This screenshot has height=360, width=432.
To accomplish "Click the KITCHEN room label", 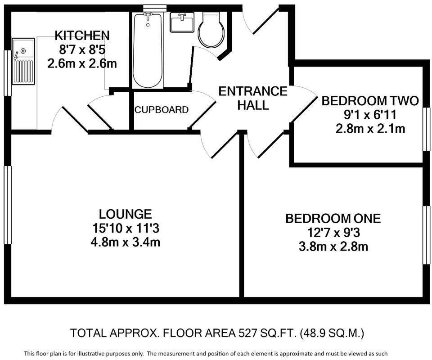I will click(82, 35).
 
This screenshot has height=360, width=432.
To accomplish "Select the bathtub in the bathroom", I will click(147, 49).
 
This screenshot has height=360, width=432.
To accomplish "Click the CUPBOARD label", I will click(162, 110).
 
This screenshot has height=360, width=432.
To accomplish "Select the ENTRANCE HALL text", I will click(252, 98).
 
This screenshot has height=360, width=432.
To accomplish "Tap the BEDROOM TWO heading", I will click(370, 100).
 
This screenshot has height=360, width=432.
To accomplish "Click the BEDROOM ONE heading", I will click(333, 219).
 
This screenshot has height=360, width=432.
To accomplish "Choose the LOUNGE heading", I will click(126, 214).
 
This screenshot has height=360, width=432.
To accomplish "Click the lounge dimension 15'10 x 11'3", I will click(126, 228).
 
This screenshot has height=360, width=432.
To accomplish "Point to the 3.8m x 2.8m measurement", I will click(333, 247).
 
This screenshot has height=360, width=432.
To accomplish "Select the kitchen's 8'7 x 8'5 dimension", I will click(82, 49).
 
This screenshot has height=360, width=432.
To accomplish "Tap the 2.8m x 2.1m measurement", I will click(370, 129).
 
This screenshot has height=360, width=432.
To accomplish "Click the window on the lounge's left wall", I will click(7, 205).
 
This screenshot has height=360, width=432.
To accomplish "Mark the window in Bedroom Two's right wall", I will click(425, 128).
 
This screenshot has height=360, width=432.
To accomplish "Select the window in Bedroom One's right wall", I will click(425, 235).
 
